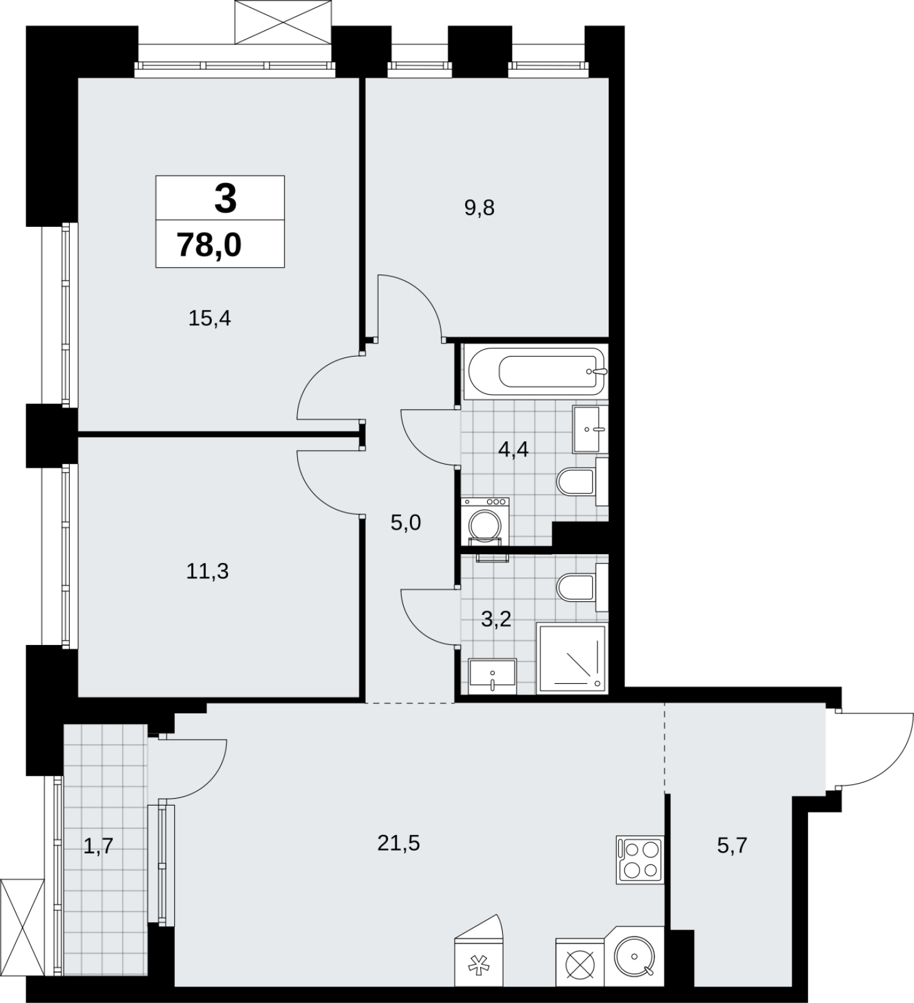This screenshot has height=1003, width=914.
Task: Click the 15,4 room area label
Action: click(210, 319)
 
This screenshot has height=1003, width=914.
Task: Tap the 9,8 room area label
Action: click(480, 208)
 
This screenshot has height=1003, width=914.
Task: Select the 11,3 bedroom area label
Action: click(207, 571)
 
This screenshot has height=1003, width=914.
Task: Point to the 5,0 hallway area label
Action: click(406, 522)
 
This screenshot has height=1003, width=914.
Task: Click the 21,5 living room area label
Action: click(399, 843)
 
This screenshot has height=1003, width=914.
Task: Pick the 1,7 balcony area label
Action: click(98, 846)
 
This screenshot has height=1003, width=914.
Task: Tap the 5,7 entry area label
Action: click(732, 846)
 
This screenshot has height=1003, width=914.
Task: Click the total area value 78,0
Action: click(209, 244)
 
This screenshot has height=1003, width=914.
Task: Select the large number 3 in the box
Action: click(225, 198)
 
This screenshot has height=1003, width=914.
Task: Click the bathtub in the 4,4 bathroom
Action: click(536, 372)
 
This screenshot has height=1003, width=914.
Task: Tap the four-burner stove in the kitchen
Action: click(639, 859)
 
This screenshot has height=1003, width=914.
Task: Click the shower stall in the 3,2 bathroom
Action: click(572, 659)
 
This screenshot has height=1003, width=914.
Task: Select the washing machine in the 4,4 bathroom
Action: click(485, 522)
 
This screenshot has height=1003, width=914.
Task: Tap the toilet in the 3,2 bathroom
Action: click(582, 587)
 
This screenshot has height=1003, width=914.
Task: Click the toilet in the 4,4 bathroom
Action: click(582, 481)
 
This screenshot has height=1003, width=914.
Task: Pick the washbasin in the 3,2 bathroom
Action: click(493, 676)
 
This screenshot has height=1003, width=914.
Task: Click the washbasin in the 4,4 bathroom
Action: click(590, 429)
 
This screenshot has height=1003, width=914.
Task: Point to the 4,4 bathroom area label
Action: click(513, 449)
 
